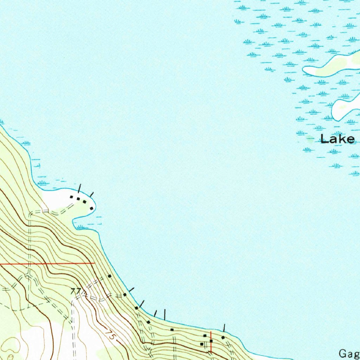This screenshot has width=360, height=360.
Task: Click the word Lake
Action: point(337,139)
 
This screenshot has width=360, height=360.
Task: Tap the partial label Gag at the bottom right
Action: point(349,353)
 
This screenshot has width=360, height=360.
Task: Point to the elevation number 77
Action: point(76,291)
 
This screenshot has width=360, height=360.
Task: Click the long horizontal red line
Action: point(47,263)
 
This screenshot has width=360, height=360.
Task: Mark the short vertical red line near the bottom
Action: point(211,341)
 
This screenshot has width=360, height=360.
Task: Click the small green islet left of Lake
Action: point(310,139)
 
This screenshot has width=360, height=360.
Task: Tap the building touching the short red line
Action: point(211,341)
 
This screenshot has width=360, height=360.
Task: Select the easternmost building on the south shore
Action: point(223,337)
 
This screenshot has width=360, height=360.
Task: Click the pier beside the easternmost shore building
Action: point(224,328)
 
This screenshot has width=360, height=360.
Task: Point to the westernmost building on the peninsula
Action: point(71,197)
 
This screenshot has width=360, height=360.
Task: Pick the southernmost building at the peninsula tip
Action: point(91,208)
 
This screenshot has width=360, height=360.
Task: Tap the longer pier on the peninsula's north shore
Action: point(80,188)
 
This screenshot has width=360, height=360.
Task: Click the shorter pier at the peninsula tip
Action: point(92,194)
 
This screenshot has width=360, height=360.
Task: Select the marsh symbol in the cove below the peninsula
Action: point(82,227)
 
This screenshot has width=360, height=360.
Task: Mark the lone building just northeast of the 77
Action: point(109,276)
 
